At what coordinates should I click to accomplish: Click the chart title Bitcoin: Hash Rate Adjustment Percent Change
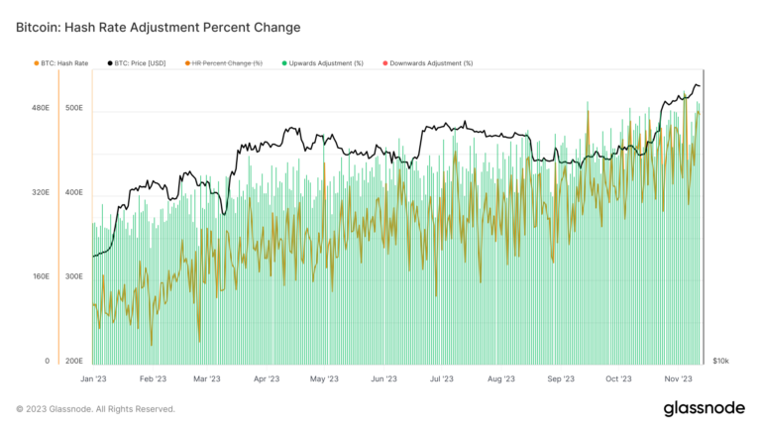point(159,27)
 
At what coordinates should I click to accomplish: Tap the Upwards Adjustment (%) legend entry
point(326,63)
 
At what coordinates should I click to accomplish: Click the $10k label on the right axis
point(721,362)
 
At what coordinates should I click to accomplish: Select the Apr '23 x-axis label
point(267,378)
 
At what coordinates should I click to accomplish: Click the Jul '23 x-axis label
point(443,378)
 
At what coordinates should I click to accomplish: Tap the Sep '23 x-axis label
point(561,378)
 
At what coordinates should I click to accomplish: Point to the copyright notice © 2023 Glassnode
point(95,408)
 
